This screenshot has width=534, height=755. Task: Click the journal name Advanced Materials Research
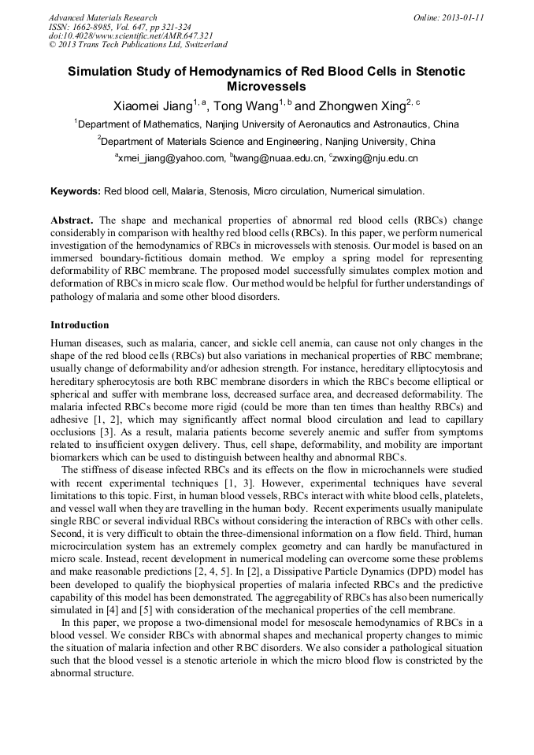[x=103, y=17]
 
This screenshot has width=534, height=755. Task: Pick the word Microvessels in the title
[x=266, y=86]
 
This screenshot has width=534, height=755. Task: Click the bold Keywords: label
[x=76, y=191]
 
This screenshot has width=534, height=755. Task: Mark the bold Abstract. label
[x=73, y=220]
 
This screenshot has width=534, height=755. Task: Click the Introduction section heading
[x=80, y=324]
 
